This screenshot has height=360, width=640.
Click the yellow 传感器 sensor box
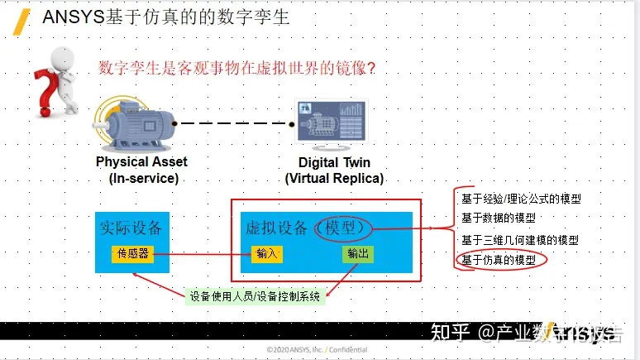click(x=132, y=254)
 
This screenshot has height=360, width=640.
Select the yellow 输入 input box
click(x=267, y=254)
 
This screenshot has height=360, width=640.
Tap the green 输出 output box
click(x=358, y=254)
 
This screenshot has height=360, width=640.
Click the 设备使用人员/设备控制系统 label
click(x=254, y=295)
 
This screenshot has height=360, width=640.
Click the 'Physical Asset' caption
click(x=141, y=162)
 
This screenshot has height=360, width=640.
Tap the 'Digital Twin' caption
click(x=335, y=162)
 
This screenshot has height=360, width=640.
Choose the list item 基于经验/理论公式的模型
click(x=520, y=199)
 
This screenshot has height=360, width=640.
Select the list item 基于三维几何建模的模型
click(x=519, y=240)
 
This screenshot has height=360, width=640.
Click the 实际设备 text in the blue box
click(x=131, y=227)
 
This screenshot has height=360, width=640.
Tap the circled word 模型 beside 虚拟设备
click(x=344, y=227)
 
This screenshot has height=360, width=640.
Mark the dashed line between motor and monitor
click(x=236, y=123)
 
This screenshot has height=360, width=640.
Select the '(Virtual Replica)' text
click(x=334, y=178)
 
